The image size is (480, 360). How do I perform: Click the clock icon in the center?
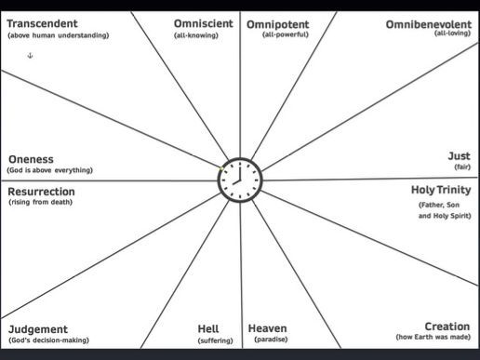coord(239,180)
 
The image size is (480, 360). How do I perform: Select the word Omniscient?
coord(204,22)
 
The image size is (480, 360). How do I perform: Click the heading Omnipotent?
coord(278,22)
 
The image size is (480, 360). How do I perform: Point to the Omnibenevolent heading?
coord(428,23)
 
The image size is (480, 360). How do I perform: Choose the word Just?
coord(460,156)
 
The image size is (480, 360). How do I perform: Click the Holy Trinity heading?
coord(440,190)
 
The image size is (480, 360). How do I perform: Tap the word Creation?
coord(447,327)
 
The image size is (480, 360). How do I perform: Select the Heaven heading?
coord(268,328)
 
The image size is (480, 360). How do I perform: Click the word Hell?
coord(208,328)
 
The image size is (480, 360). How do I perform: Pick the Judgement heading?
coord(38,329)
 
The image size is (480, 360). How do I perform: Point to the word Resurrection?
coord(47,191)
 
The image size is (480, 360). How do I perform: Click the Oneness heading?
coord(31,158)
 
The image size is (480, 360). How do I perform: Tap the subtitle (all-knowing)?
coord(195,34)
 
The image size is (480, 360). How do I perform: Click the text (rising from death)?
coord(40,202)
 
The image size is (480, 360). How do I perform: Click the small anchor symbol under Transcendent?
coord(30,56)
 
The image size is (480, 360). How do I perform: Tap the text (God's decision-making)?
coord(48,340)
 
